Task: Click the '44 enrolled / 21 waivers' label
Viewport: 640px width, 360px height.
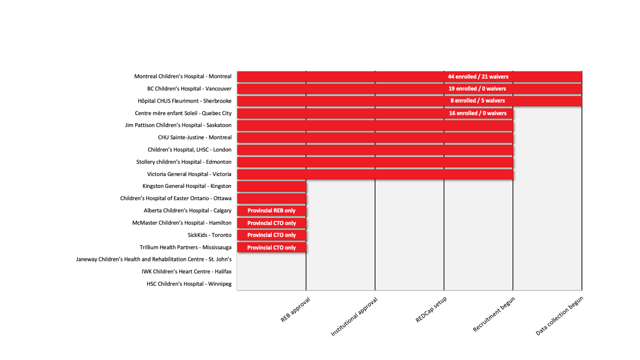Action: [x=478, y=77]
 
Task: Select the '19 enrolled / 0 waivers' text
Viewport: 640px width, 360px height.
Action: [x=477, y=89]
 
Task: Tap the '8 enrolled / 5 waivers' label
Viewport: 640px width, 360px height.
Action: [x=478, y=101]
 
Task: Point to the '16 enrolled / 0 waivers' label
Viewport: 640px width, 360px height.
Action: [x=478, y=113]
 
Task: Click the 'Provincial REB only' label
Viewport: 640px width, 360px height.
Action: [x=271, y=211]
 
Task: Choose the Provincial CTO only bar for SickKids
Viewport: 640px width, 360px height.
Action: [x=271, y=235]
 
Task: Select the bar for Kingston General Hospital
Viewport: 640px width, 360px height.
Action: [x=271, y=186]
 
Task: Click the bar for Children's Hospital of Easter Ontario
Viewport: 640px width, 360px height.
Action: [x=271, y=198]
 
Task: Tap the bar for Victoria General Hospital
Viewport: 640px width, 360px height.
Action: [x=375, y=174]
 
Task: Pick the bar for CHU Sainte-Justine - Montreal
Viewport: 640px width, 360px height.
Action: [x=375, y=138]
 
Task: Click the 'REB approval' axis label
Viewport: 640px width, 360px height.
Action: [x=296, y=310]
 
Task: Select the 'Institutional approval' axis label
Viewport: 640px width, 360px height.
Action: [x=354, y=317]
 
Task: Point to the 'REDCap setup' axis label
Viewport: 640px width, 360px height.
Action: [x=431, y=310]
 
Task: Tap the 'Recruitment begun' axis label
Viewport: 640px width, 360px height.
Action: [x=494, y=314]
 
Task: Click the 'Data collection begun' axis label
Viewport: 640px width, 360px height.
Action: [x=559, y=316]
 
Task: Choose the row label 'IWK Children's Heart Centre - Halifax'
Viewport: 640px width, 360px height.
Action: [x=186, y=272]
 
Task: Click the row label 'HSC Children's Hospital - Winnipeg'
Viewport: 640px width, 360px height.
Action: [x=189, y=284]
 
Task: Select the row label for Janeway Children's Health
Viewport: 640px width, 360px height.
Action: [x=154, y=260]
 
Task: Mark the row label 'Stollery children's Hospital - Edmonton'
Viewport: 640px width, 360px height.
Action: [x=184, y=162]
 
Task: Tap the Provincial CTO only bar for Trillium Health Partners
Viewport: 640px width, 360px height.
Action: [x=271, y=248]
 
